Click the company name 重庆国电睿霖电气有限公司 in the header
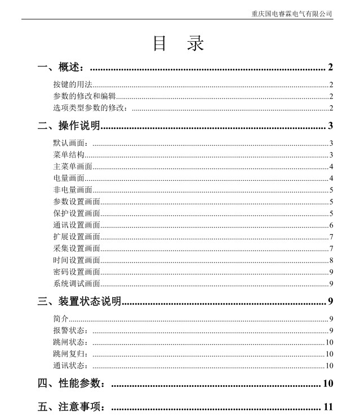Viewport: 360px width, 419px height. tap(291, 14)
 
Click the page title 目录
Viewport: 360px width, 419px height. tap(178, 44)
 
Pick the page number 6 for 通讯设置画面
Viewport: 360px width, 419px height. tap(331, 225)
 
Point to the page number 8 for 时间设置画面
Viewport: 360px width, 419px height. tap(331, 260)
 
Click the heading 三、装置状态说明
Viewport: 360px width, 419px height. tap(79, 301)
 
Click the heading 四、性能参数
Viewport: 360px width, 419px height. tap(71, 384)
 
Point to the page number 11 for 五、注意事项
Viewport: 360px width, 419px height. tap(328, 407)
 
